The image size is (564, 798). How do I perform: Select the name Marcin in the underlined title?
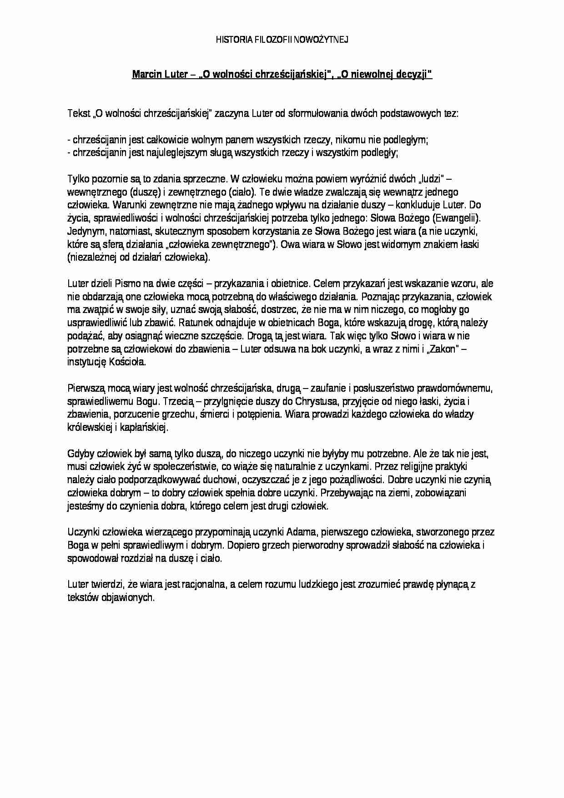click(144, 75)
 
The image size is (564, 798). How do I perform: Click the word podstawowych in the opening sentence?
click(411, 114)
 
